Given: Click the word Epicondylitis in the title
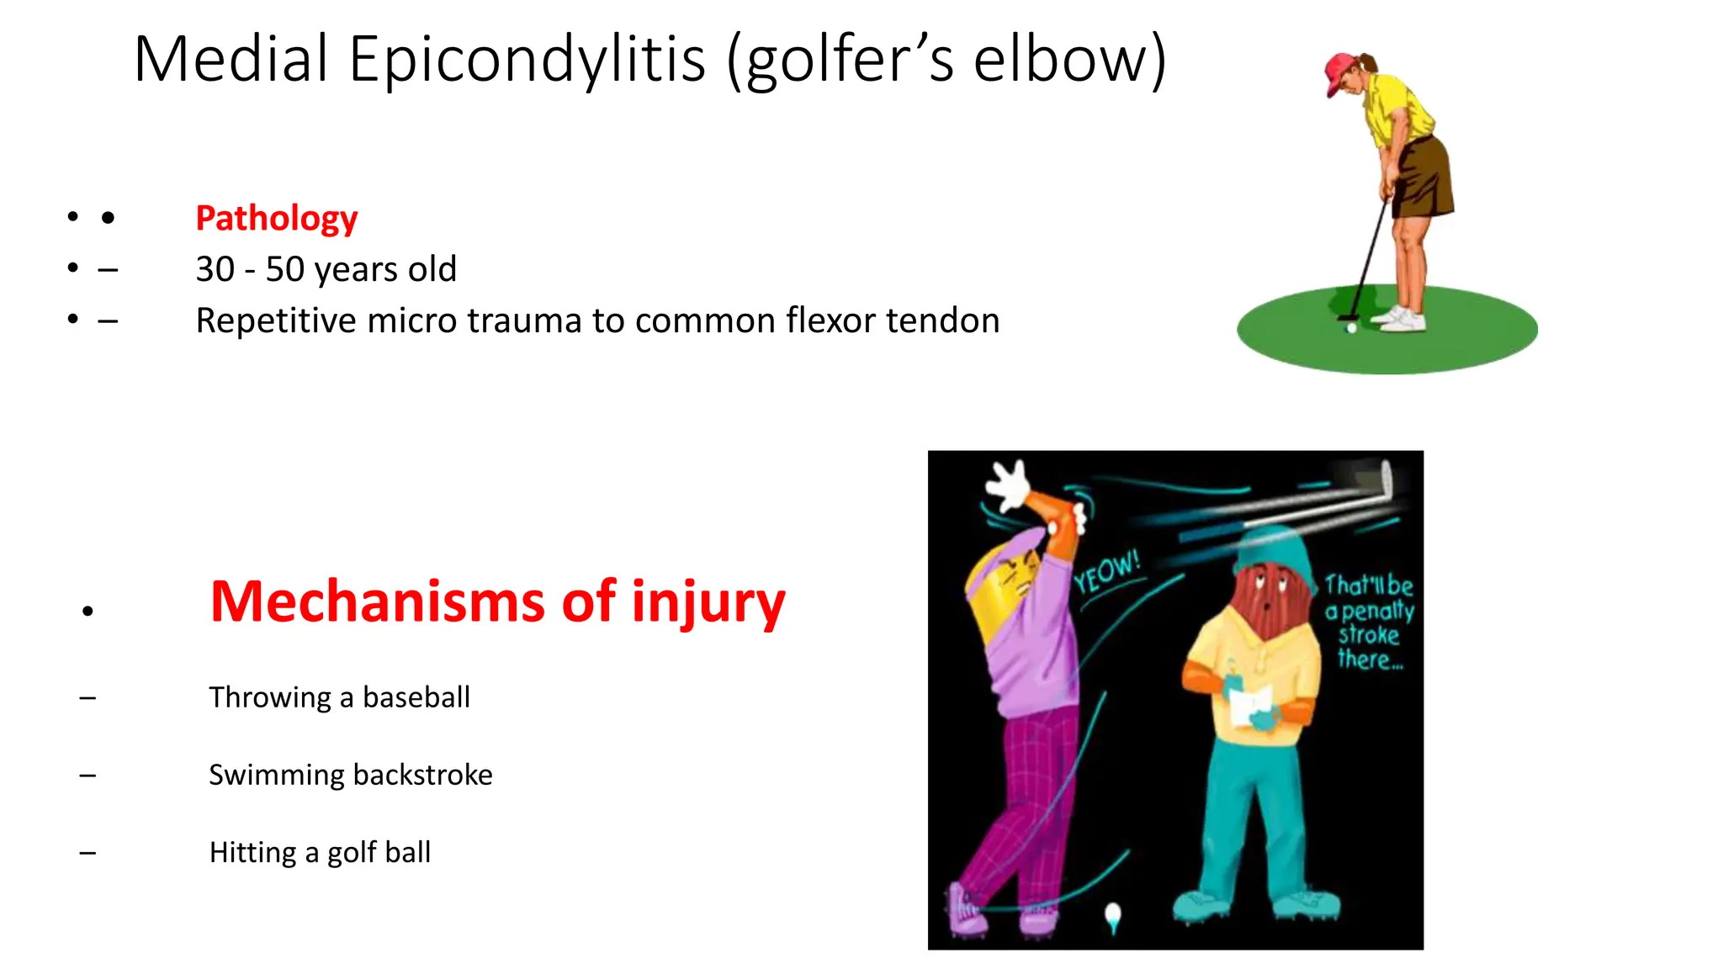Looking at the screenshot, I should tap(527, 61).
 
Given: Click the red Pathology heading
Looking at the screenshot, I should tap(276, 219).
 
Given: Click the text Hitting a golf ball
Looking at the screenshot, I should tap(320, 853).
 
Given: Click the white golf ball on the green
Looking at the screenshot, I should tap(1351, 328).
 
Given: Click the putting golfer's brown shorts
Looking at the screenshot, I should tap(1423, 177).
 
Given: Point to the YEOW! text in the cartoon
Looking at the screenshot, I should tap(1106, 572).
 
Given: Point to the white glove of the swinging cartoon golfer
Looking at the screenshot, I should tap(1008, 485).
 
